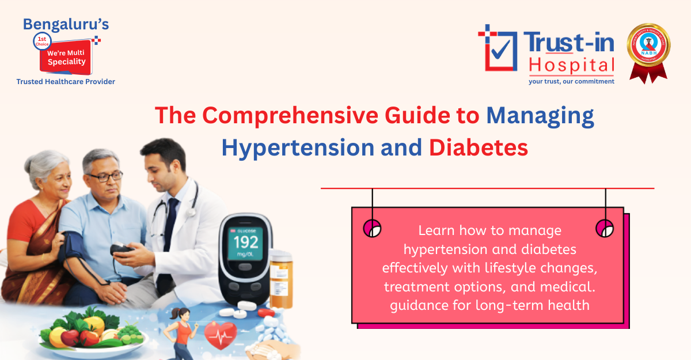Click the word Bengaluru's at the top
coord(66,24)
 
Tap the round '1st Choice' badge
coord(43,41)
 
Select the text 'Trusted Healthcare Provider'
coord(66,82)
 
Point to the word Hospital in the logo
coord(571,66)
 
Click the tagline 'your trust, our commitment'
coord(571,81)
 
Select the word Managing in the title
coord(540,116)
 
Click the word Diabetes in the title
coord(479,148)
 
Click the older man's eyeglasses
coord(104,176)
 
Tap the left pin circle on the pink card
coord(373,228)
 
